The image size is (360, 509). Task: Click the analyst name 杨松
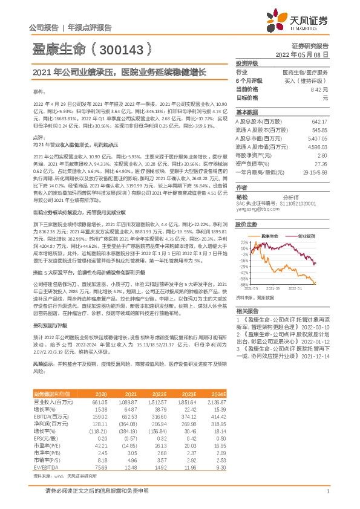click(243, 196)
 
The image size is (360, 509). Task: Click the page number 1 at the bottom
click(327, 492)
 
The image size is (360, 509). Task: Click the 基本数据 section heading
click(247, 112)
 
